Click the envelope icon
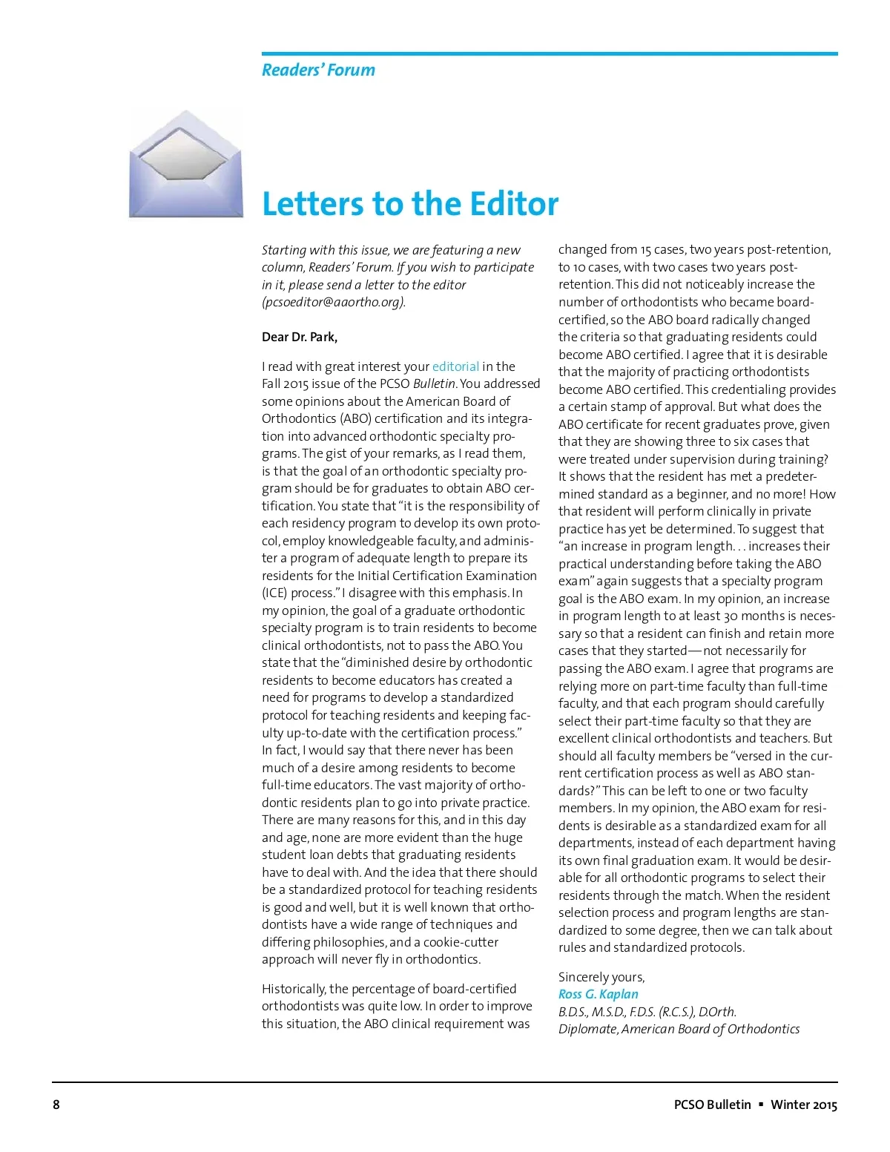186,164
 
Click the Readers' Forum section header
318,70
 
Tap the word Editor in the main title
507,204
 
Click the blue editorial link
455,366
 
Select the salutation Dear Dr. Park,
300,337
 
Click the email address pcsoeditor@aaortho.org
334,302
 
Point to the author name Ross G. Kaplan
598,994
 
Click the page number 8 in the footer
56,1105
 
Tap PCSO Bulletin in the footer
712,1105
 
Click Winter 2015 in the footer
804,1105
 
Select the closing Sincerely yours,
601,977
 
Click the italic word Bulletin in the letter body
435,384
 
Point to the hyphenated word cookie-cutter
461,942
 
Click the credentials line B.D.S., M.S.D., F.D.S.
647,1012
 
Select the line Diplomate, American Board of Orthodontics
679,1029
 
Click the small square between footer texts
760,1105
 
